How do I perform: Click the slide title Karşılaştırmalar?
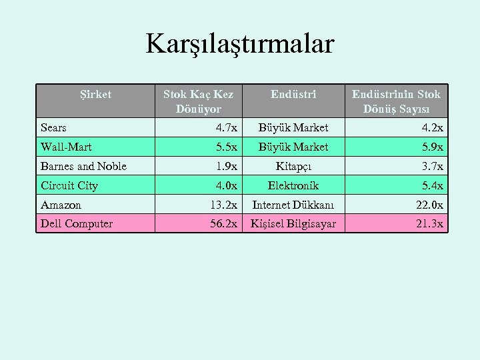[x=240, y=45]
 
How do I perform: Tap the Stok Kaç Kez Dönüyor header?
[x=199, y=101]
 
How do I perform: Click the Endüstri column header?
[x=293, y=95]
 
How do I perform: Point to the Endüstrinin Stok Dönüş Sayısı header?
[x=397, y=101]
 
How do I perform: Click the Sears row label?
[x=54, y=127]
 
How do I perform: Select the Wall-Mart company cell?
[x=66, y=147]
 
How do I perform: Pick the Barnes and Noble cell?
[x=83, y=166]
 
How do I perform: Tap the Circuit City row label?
[x=69, y=185]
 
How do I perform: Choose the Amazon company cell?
[x=61, y=205]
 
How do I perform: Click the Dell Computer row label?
[x=77, y=223]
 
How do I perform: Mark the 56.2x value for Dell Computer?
[x=223, y=223]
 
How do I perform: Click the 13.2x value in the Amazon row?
[x=223, y=205]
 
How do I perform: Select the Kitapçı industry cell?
[x=293, y=166]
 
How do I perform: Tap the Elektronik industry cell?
[x=293, y=185]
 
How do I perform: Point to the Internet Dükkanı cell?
[x=293, y=205]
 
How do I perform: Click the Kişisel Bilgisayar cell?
[x=293, y=223]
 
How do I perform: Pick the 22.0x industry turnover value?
[x=430, y=205]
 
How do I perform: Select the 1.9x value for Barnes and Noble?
[x=226, y=166]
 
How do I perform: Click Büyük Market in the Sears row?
[x=293, y=127]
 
